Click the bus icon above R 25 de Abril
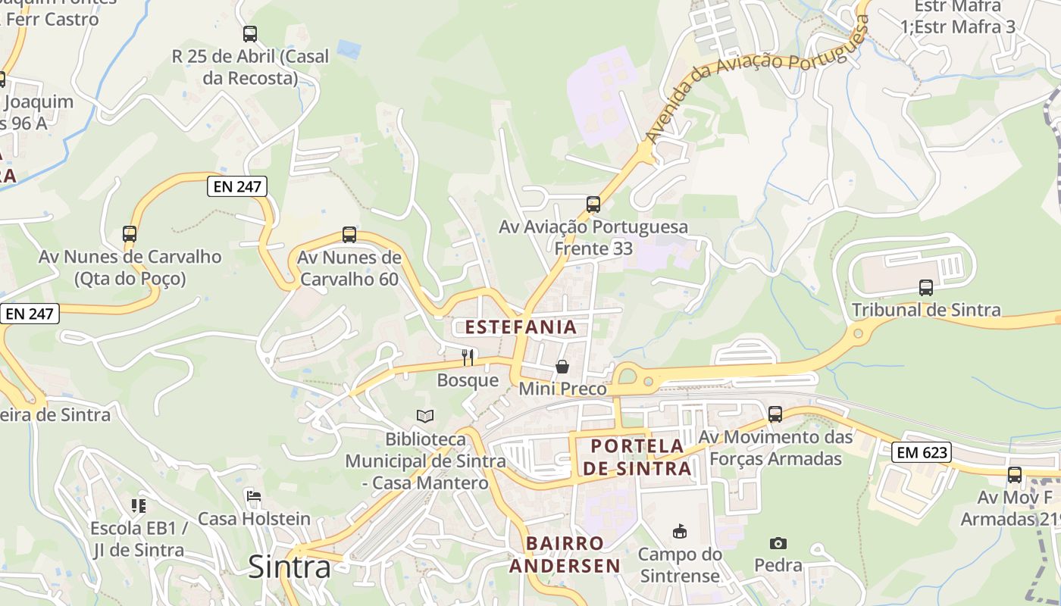[x=250, y=34]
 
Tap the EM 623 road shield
[x=921, y=452]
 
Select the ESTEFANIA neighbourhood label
[x=521, y=327]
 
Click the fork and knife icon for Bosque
[x=468, y=357]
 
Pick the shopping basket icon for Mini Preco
[x=562, y=367]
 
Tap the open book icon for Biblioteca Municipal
[x=425, y=416]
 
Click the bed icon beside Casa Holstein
[x=254, y=496]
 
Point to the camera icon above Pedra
[x=778, y=543]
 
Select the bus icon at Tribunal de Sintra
[x=925, y=287]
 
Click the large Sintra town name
[x=290, y=567]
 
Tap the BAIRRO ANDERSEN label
[x=565, y=554]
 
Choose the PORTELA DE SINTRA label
[x=637, y=457]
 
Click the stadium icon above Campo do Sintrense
[x=680, y=532]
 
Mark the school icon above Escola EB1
[x=138, y=505]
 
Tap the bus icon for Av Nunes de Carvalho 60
[x=349, y=235]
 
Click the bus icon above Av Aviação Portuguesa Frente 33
[x=593, y=204]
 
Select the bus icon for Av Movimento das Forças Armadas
[x=775, y=414]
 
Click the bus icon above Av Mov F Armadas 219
[x=1014, y=475]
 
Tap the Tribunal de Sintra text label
[x=926, y=310]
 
